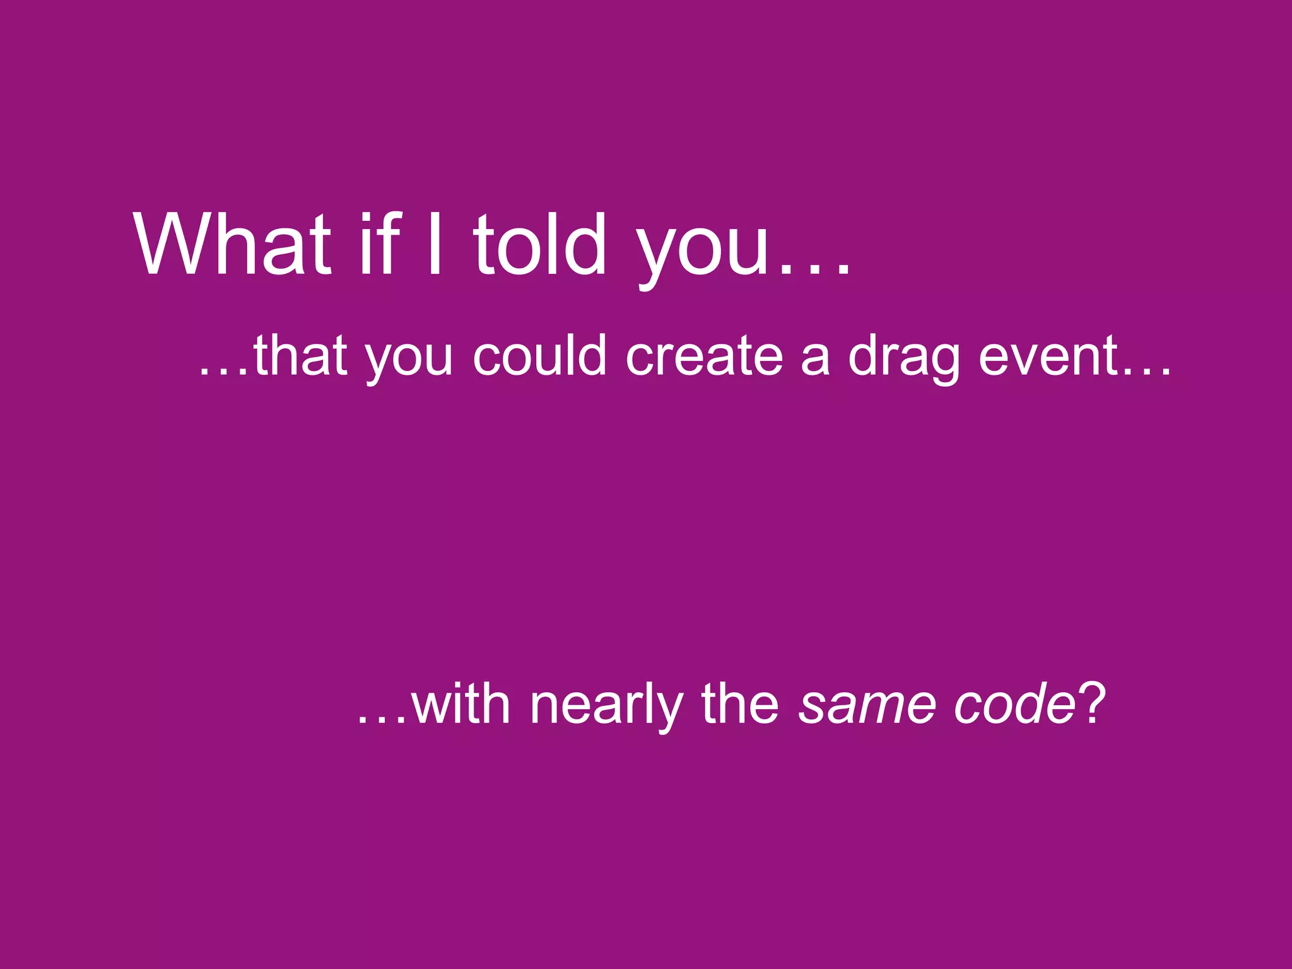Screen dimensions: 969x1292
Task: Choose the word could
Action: pos(539,356)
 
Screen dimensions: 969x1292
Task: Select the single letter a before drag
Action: pos(814,360)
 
